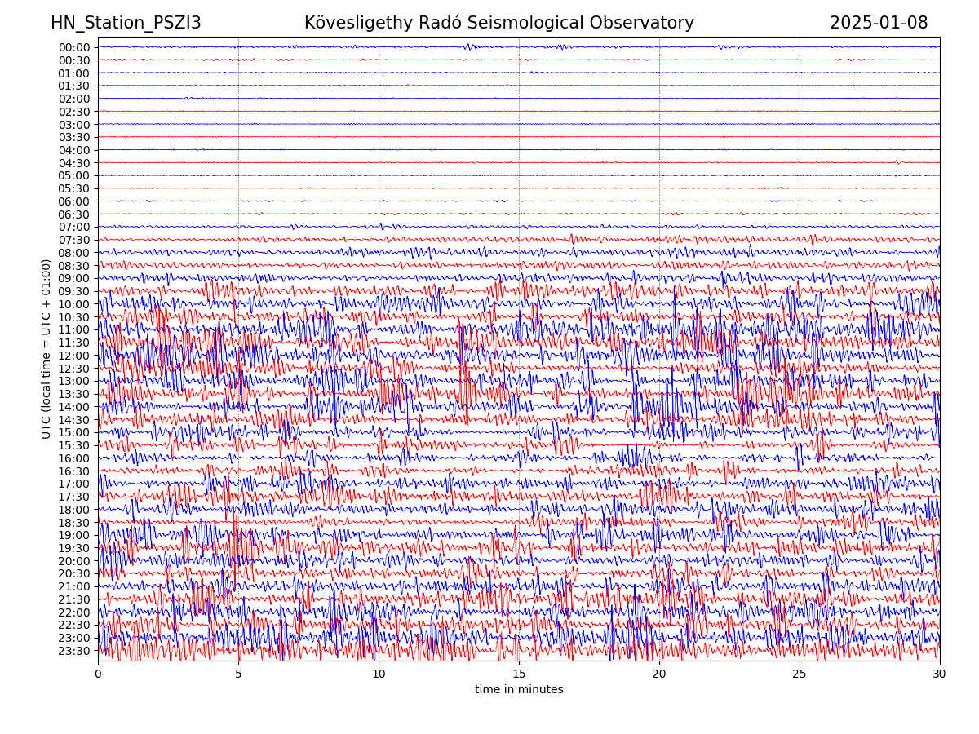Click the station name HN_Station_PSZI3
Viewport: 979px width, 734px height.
(x=126, y=23)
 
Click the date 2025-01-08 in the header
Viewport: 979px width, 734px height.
(x=879, y=23)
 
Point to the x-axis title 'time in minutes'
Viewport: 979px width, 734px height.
(x=519, y=689)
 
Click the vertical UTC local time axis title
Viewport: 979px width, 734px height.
(x=47, y=348)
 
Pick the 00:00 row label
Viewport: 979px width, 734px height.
(x=74, y=47)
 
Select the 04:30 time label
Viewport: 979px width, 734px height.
(x=74, y=163)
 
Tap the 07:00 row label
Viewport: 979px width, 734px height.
(x=74, y=227)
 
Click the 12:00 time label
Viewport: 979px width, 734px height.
(x=74, y=356)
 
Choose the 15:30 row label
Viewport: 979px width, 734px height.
(x=74, y=445)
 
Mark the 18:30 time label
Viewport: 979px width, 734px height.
(x=74, y=523)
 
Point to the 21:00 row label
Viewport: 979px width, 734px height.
(x=74, y=586)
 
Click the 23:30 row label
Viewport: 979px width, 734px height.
(x=74, y=651)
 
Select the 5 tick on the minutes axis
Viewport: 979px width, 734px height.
(x=238, y=674)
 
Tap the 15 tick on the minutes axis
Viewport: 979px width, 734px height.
(x=519, y=674)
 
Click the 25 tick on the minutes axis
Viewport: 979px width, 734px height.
(x=800, y=674)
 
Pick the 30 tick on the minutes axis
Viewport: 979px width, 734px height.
(x=940, y=674)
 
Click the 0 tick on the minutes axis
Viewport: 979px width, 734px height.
(x=98, y=674)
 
